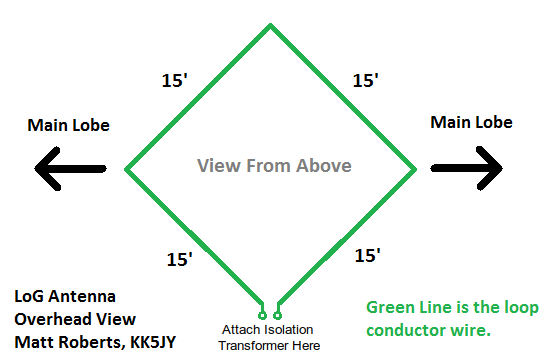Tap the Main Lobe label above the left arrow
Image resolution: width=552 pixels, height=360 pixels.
click(69, 125)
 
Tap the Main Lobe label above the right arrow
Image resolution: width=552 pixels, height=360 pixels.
click(471, 122)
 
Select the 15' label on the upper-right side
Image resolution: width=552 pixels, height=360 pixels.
click(364, 81)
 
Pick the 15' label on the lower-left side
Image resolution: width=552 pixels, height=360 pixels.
click(180, 260)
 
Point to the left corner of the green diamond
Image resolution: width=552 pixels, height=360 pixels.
click(124, 167)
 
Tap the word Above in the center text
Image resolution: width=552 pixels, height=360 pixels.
click(322, 165)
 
